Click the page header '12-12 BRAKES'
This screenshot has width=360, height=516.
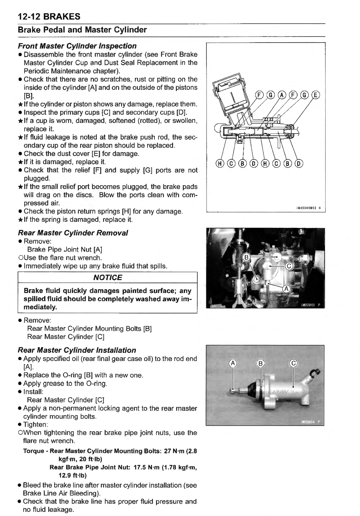point(49,17)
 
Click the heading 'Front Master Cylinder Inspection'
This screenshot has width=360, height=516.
point(77,46)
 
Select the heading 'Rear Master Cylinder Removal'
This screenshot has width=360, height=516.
point(73,233)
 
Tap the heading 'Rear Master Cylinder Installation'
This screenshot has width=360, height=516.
point(77,350)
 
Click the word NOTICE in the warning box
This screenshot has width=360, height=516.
point(107,278)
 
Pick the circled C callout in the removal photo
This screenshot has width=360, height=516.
point(289,266)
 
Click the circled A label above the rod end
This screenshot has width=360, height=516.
point(233,364)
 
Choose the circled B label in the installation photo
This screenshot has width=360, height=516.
point(261,364)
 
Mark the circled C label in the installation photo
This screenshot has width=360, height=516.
point(293,364)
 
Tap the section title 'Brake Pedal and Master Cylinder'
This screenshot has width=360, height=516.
point(82,30)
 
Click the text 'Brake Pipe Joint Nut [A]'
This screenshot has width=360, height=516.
point(65,249)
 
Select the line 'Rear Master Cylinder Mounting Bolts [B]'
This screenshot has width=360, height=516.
point(90,329)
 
